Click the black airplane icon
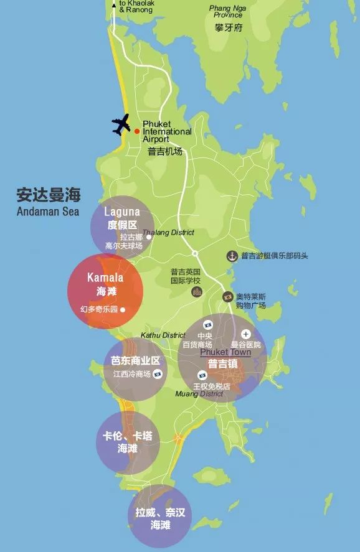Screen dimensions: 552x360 (x=121, y=124)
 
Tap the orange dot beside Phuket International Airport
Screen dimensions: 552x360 (x=137, y=131)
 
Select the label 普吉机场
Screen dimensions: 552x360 (x=165, y=151)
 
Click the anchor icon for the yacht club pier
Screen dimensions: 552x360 (x=231, y=256)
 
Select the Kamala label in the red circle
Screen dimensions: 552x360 (x=105, y=278)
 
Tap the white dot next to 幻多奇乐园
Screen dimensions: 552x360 (x=123, y=309)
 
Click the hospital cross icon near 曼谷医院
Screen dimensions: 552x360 (x=246, y=334)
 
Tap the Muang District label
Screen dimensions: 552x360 (x=199, y=393)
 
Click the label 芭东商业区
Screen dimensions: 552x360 (x=135, y=361)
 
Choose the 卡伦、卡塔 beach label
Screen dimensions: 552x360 (x=127, y=436)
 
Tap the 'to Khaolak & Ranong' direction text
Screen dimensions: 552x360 (x=136, y=6)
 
